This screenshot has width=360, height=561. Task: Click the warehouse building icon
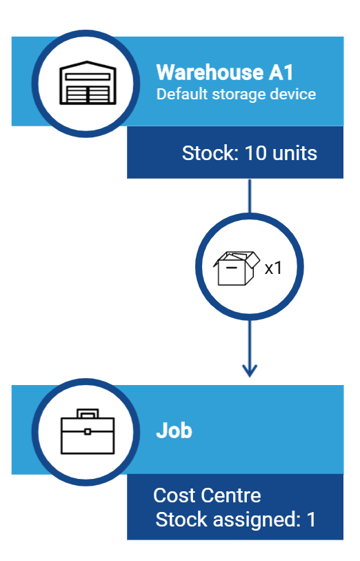point(88,83)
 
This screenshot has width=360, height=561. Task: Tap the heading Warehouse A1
point(225,72)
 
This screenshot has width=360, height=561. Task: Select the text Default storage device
point(236,95)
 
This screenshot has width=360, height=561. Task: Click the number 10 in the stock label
point(256,153)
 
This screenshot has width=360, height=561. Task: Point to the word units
point(294,153)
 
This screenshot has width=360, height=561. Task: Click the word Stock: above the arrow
point(210,153)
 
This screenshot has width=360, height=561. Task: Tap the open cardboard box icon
point(237,268)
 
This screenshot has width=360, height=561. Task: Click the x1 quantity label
point(274,268)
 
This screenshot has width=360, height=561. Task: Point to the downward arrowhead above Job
point(250,370)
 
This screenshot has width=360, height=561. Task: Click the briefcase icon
point(88,431)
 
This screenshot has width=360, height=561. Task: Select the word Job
point(174,430)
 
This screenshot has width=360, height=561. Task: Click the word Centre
point(230,495)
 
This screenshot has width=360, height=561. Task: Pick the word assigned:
point(257,520)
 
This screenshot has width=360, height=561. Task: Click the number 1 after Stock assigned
point(311,520)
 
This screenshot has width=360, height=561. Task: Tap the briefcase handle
point(88,413)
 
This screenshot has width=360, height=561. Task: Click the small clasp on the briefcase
point(88,431)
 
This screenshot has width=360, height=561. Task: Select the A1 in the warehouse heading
point(281,72)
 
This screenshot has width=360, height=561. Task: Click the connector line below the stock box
point(250,196)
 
